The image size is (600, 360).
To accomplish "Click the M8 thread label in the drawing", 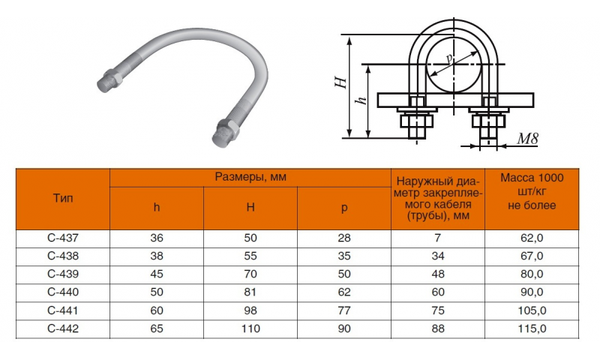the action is click(528, 139).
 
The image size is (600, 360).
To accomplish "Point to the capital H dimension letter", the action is click(341, 82).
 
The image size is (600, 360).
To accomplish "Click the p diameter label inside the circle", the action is click(450, 58).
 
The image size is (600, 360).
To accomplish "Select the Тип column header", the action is click(63, 198).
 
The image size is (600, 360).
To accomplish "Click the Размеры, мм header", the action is click(250, 177).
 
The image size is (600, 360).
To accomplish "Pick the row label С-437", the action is click(63, 238).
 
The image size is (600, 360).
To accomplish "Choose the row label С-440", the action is click(63, 292).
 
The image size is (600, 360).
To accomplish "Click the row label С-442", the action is click(63, 328).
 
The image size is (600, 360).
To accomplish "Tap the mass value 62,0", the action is click(532, 238).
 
